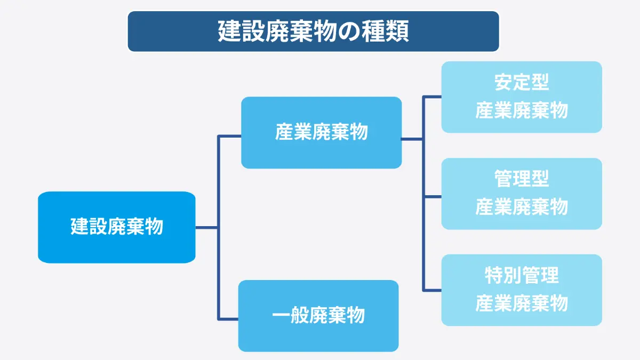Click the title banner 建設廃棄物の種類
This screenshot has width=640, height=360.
[x=314, y=31]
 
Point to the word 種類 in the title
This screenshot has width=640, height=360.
[x=385, y=31]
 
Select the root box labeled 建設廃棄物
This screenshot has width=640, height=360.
[x=117, y=227]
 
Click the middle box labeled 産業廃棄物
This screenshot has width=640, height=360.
[x=322, y=133]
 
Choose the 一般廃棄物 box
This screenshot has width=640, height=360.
[x=318, y=316]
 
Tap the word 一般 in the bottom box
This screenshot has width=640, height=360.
[x=290, y=315]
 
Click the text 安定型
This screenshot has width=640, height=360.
[x=522, y=82]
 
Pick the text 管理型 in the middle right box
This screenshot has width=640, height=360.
[x=522, y=179]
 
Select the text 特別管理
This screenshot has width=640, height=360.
[x=522, y=275]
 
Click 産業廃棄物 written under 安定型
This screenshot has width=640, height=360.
[x=522, y=110]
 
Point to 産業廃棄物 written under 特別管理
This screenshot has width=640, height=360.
[x=522, y=303]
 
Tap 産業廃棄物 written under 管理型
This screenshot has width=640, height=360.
[x=522, y=206]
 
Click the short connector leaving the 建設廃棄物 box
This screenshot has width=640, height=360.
[x=206, y=228]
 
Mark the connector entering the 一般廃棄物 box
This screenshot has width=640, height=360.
[x=228, y=319]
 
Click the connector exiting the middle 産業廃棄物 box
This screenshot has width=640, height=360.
[x=412, y=139]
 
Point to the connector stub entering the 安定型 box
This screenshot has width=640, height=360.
[x=433, y=97]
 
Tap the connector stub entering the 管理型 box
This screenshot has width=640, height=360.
[x=433, y=197]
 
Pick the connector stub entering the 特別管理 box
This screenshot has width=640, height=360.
[x=433, y=290]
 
